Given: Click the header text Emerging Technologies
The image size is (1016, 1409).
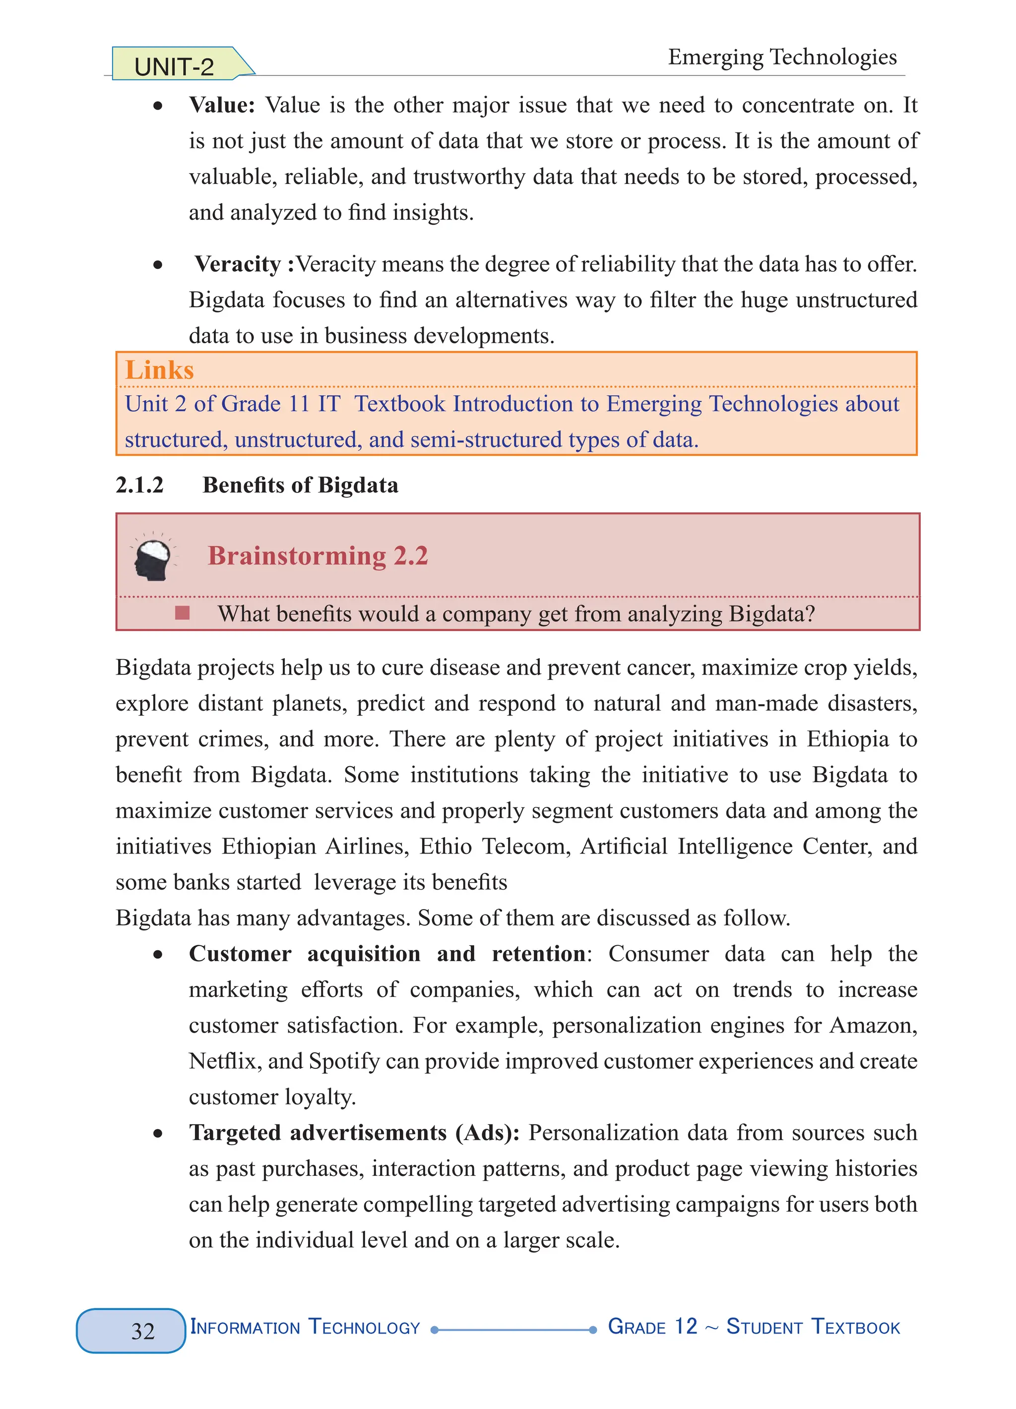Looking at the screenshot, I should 782,57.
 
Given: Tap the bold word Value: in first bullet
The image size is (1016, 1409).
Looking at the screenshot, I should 222,105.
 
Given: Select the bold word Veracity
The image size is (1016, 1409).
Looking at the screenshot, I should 237,264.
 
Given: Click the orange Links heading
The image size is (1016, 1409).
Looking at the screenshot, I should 159,370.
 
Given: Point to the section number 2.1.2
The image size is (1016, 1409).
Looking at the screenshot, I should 139,485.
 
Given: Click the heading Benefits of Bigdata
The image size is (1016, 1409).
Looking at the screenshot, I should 300,485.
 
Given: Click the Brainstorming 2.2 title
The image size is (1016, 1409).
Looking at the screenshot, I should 317,556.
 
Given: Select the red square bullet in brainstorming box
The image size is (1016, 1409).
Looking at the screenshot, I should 182,613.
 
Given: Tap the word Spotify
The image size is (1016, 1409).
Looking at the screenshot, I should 344,1061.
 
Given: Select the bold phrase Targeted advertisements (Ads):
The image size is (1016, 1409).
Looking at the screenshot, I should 354,1133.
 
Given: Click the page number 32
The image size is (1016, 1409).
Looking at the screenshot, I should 142,1331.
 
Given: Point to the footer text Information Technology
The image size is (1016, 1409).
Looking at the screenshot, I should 305,1328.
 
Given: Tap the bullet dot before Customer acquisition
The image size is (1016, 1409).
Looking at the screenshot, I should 158,955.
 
